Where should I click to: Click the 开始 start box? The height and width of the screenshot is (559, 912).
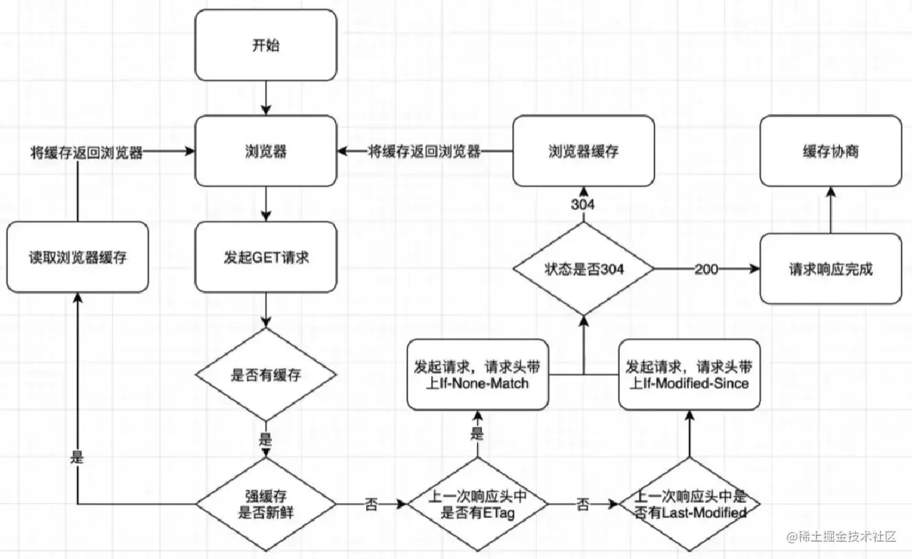[266, 45]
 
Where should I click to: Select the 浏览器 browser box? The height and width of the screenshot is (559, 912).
[266, 151]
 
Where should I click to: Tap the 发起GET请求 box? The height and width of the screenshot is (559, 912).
[266, 257]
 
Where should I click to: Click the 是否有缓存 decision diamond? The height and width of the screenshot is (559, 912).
[266, 374]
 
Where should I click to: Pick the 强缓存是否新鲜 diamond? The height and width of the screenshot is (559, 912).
[266, 504]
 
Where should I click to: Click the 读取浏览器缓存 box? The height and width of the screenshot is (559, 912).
[78, 257]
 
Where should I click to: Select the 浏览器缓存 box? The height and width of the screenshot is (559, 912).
[584, 151]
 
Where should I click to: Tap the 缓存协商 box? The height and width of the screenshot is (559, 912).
[830, 151]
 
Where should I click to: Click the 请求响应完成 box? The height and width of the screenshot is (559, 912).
[830, 269]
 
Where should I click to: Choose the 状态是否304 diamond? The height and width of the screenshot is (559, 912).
[584, 269]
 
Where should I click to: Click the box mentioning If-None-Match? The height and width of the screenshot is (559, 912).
[477, 374]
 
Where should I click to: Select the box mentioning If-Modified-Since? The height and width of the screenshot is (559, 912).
[689, 374]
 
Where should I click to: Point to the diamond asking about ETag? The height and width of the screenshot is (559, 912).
[477, 504]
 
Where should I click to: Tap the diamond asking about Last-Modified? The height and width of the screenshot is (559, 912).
[689, 504]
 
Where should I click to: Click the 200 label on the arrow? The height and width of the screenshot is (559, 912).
[707, 269]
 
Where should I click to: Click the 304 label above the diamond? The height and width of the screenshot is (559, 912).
[583, 205]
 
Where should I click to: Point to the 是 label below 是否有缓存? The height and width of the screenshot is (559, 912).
[266, 439]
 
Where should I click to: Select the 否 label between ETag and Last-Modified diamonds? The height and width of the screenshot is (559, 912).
[583, 505]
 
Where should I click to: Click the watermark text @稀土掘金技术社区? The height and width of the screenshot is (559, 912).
[841, 537]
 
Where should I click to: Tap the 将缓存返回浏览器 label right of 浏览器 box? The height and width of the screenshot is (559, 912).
[424, 152]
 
